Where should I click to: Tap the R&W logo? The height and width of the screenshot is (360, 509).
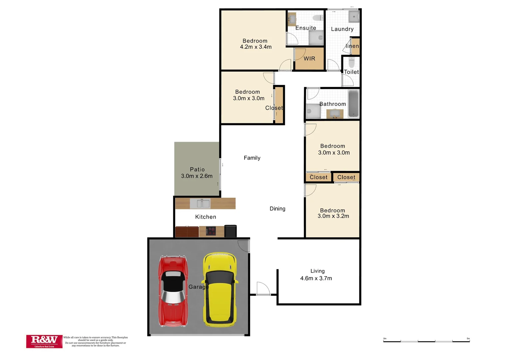44,341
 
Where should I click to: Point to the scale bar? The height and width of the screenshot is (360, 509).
426,341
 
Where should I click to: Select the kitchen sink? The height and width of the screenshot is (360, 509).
200,203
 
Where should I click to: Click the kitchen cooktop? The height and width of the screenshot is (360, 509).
211,231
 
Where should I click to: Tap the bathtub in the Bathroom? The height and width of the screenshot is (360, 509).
353,104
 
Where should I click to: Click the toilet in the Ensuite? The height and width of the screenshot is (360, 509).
318,18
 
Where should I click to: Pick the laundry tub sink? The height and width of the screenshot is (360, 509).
353,16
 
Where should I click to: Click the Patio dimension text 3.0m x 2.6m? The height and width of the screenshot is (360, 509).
197,176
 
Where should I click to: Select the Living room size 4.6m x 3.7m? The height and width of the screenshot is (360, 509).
316,278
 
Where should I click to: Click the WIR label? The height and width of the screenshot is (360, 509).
309,59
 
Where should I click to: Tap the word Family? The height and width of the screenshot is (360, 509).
252,158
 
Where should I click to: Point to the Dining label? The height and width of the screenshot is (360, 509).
277,209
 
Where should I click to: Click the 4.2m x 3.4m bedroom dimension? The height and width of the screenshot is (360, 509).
255,47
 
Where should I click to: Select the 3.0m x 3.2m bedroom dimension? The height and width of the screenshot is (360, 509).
333,216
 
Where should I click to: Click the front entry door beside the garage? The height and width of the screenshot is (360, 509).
263,289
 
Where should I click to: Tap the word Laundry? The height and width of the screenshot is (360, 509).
342,29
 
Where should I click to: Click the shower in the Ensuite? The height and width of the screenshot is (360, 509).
316,38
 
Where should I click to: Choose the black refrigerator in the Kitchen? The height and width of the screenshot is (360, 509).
231,231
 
